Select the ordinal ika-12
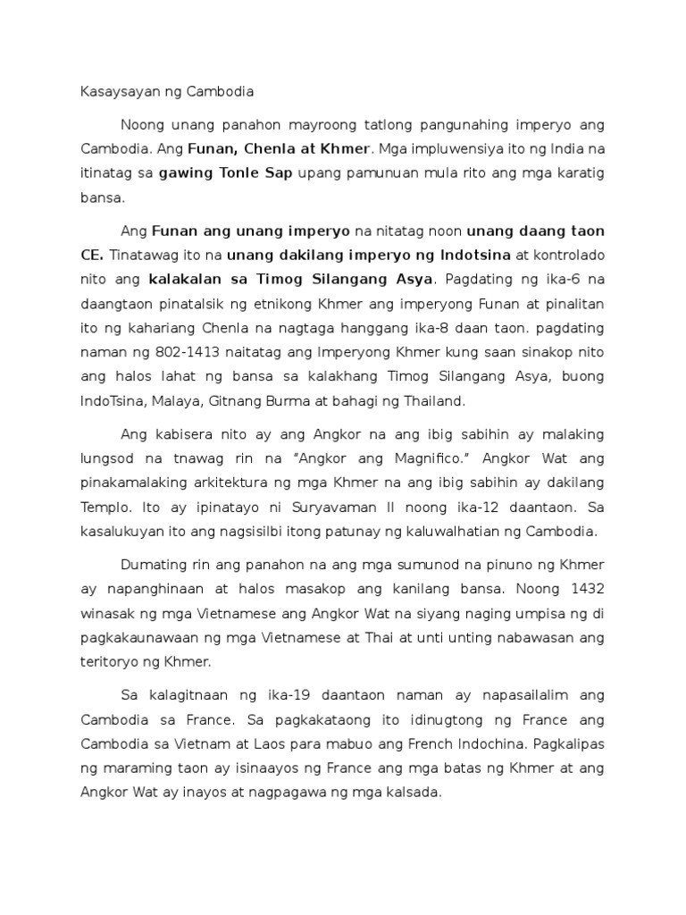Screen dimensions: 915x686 click(452, 507)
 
